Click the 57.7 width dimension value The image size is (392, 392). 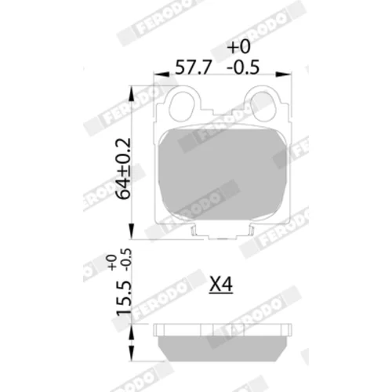pos(193,67)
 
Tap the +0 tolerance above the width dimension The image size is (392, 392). pos(239,46)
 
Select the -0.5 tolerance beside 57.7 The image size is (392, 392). pos(243,67)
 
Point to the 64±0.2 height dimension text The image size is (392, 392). pos(123,169)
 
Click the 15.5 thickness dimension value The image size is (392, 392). pos(123,297)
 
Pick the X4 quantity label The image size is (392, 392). pos(221,285)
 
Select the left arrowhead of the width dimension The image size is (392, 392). pos(162,74)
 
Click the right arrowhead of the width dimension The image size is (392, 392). pos(283,74)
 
